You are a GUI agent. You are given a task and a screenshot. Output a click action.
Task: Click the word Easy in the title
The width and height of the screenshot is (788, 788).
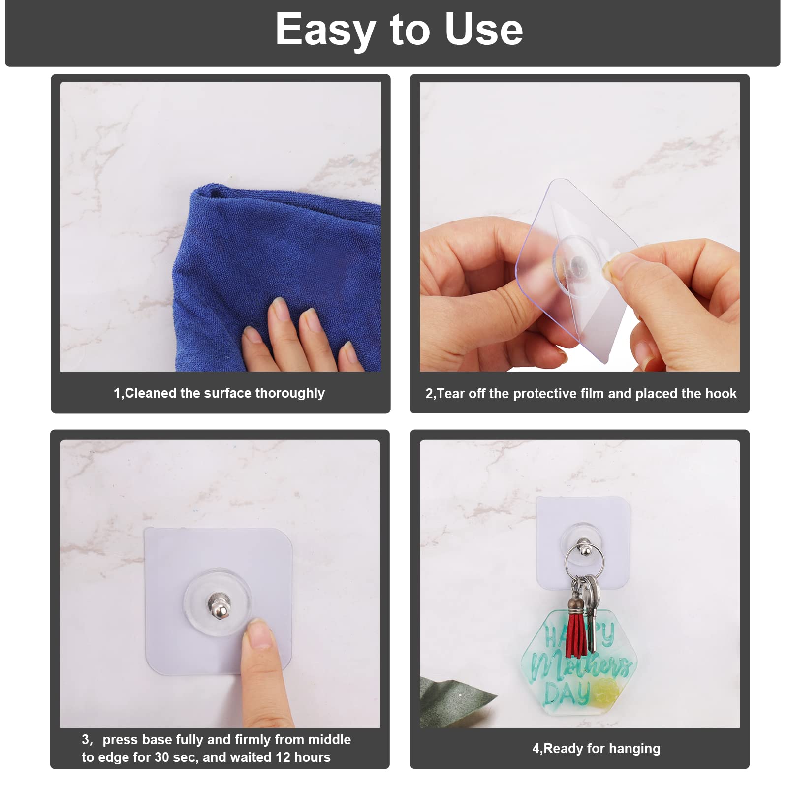[325, 31]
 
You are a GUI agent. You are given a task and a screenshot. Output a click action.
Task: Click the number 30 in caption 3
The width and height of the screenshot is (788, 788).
[162, 757]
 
